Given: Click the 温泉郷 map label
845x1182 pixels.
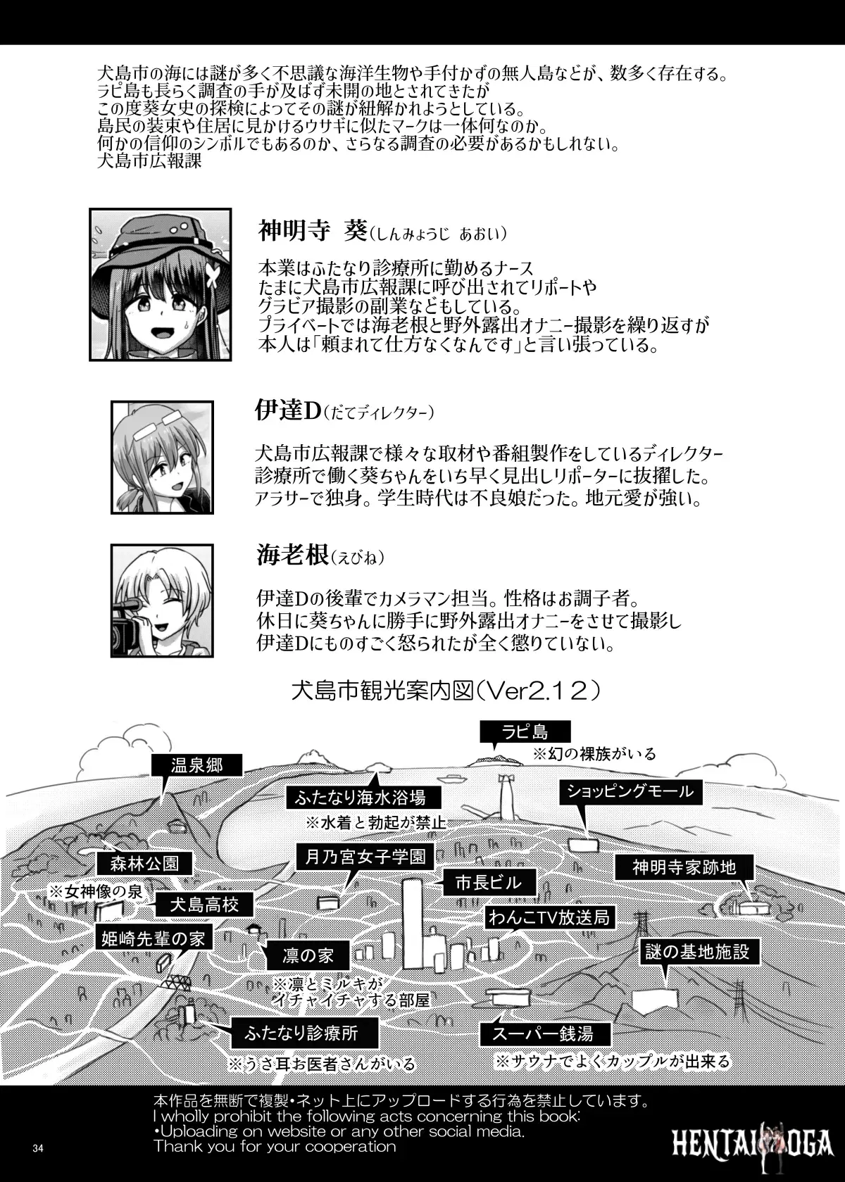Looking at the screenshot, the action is (x=197, y=765).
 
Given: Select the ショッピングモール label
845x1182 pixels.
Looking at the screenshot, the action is (x=631, y=791).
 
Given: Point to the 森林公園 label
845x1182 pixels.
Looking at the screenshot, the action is (x=144, y=864).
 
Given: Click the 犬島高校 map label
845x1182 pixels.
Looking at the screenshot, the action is (x=204, y=905).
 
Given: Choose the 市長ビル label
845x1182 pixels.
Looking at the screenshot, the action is (x=489, y=882).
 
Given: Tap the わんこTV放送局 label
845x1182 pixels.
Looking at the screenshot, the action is (x=549, y=917).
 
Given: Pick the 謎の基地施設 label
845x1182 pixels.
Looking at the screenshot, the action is (x=697, y=951).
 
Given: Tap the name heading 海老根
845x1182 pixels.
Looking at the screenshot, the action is (x=292, y=556).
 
